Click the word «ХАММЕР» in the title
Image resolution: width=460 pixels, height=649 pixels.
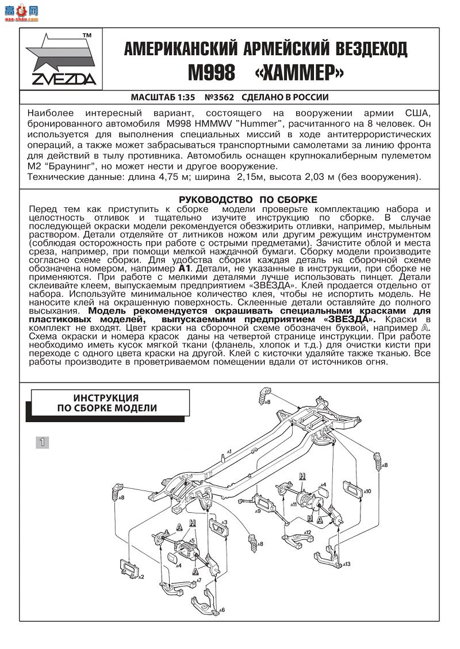point(299,73)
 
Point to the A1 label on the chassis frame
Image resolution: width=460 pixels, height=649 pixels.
point(229,452)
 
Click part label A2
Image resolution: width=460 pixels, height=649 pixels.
point(140,577)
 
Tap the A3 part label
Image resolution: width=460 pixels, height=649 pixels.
point(225,522)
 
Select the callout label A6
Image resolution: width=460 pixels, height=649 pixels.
point(221,610)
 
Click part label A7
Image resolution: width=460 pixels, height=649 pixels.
point(199,581)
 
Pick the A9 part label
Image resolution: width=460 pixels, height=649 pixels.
point(258,511)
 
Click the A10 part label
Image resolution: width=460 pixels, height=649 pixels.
point(367,491)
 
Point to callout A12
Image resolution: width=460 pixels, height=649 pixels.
point(308,532)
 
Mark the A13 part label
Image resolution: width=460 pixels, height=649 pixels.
point(347,565)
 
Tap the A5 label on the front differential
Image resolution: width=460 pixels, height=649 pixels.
point(193,540)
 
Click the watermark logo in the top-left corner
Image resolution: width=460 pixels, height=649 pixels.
point(20,11)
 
